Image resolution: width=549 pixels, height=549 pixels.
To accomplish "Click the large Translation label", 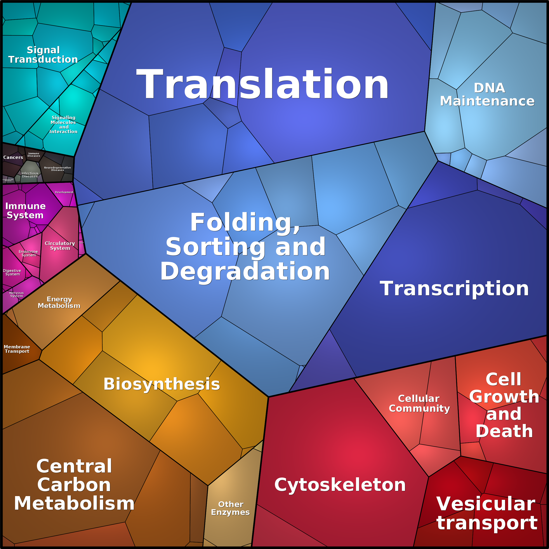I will point(262,85).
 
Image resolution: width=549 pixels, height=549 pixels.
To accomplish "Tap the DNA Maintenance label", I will point(487,95).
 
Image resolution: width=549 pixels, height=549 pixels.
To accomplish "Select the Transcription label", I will point(454,289).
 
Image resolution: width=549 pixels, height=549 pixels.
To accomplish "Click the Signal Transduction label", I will point(43,55).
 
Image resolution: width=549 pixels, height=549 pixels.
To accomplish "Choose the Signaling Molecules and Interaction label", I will point(63,124).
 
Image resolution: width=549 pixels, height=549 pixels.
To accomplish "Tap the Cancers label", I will point(13,157).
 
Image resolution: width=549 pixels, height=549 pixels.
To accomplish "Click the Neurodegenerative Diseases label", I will point(57,169).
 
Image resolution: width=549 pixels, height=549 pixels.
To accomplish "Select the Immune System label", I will point(25,210).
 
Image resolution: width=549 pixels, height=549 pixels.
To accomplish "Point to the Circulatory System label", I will point(60,245).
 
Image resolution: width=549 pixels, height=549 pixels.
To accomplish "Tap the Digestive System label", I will point(12,273).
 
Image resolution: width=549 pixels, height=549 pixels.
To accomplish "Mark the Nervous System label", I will point(16,294).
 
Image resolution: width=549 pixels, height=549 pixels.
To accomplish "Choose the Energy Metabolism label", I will point(59,302).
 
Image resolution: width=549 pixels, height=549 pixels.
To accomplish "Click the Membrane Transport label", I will point(17,349).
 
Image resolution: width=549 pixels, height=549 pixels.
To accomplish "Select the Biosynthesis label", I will point(162,384).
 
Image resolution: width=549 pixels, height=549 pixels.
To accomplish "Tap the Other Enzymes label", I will point(230,508).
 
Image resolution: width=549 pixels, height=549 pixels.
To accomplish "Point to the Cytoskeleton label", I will point(340,485).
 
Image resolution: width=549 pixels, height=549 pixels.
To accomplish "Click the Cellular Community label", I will point(419,403).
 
